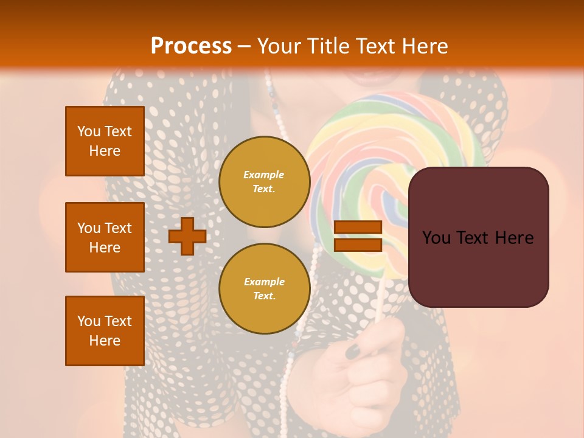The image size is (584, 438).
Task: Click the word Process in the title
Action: [x=191, y=46]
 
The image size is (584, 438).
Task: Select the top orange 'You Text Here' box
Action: [x=105, y=141]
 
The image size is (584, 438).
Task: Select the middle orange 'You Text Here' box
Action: [x=105, y=237]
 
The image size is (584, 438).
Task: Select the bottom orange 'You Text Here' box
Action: [x=105, y=331]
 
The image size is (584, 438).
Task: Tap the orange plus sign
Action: [x=187, y=236]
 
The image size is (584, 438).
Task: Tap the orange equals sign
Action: [x=358, y=236]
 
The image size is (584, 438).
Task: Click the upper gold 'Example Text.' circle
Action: [x=264, y=182]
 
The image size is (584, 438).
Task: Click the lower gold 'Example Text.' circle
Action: [x=264, y=288]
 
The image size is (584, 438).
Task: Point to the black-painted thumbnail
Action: [x=353, y=350]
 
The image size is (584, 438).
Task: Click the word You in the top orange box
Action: [x=89, y=131]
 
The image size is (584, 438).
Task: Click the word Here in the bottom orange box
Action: [x=105, y=341]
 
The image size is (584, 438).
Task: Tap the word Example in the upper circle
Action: [x=264, y=175]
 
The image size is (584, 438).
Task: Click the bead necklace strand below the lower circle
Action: [x=285, y=377]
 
